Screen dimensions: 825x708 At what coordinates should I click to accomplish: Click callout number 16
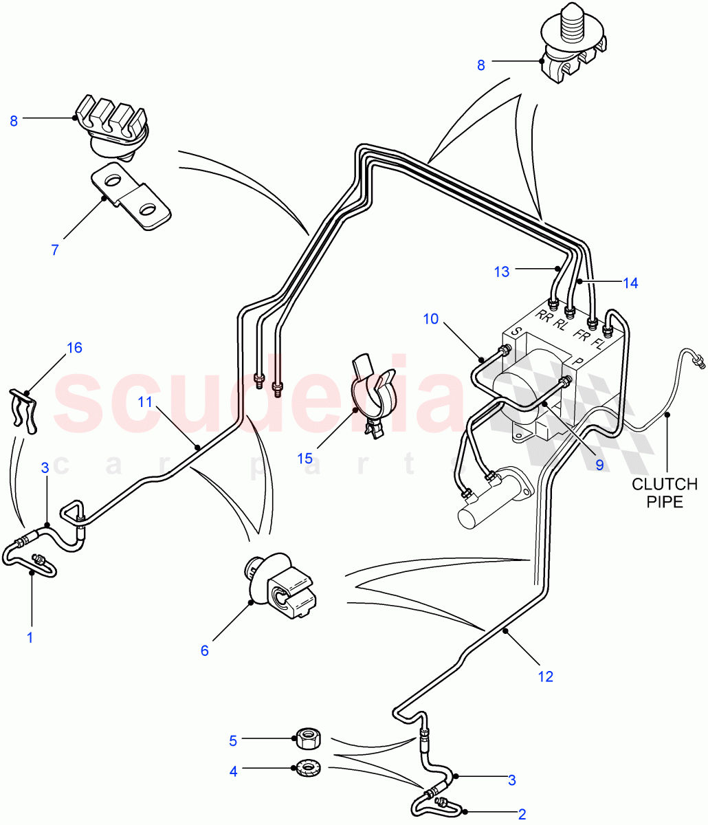74,348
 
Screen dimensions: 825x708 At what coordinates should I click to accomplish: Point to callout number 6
204,650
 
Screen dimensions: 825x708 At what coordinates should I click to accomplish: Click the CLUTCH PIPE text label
665,493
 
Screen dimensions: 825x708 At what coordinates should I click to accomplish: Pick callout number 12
545,677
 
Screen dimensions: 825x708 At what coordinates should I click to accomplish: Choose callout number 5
233,741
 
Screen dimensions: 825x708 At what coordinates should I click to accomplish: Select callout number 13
502,272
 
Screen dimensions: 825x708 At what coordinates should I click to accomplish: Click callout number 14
630,283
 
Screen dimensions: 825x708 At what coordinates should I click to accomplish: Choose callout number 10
430,319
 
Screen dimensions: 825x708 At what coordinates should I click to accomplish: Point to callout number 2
522,815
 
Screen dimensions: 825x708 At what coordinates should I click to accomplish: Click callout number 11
144,402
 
